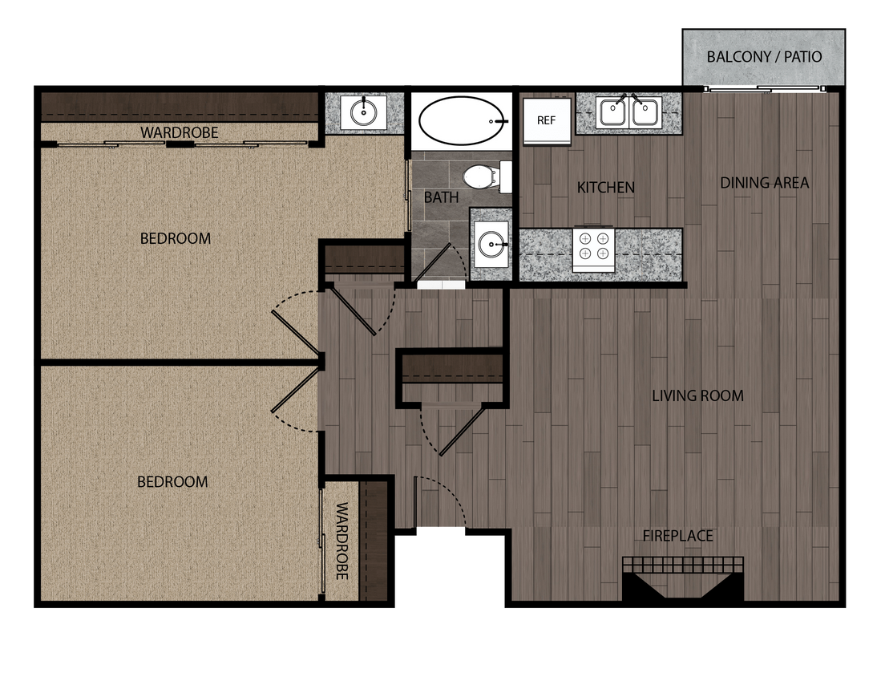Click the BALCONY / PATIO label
pyautogui.click(x=764, y=57)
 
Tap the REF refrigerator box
pyautogui.click(x=546, y=121)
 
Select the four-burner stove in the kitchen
pyautogui.click(x=594, y=246)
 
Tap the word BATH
pyautogui.click(x=441, y=197)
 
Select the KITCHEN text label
pyautogui.click(x=605, y=188)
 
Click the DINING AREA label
pyautogui.click(x=764, y=183)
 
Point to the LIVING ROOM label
pyautogui.click(x=697, y=395)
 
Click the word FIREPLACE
pyautogui.click(x=677, y=536)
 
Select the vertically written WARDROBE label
pyautogui.click(x=341, y=541)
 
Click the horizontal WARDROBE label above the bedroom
pyautogui.click(x=180, y=132)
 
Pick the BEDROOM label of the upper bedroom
pyautogui.click(x=175, y=238)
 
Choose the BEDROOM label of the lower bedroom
pyautogui.click(x=172, y=482)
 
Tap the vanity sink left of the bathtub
pyautogui.click(x=364, y=111)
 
